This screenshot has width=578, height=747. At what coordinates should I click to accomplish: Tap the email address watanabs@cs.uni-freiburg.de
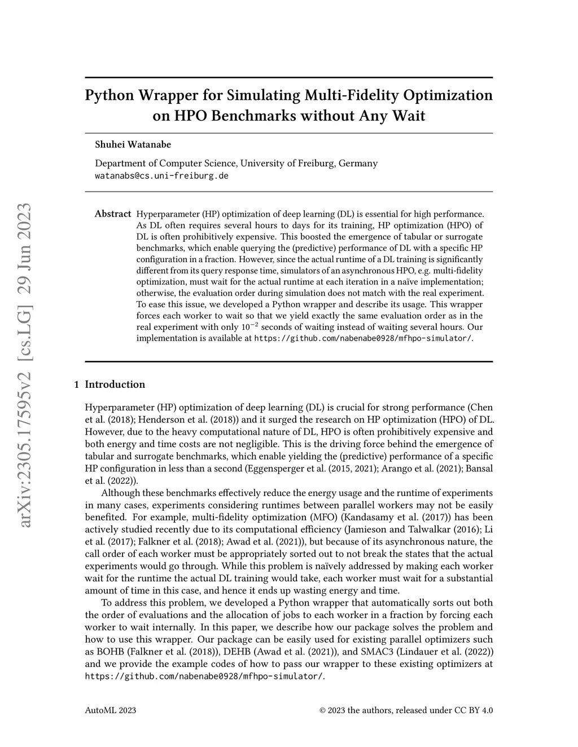point(161,175)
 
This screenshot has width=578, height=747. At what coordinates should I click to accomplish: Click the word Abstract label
point(113,214)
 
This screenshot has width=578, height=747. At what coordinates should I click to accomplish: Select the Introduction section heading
point(115,384)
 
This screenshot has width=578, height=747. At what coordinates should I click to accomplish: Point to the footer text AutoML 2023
point(110,710)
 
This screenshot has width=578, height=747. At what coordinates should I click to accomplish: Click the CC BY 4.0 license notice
point(406,710)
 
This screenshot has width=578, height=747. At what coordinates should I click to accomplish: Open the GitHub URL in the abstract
point(363,338)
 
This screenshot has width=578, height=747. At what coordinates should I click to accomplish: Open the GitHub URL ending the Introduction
point(204,676)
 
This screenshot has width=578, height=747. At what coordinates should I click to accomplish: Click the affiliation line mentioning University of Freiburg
point(236,163)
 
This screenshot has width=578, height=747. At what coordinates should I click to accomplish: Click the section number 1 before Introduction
point(76,384)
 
